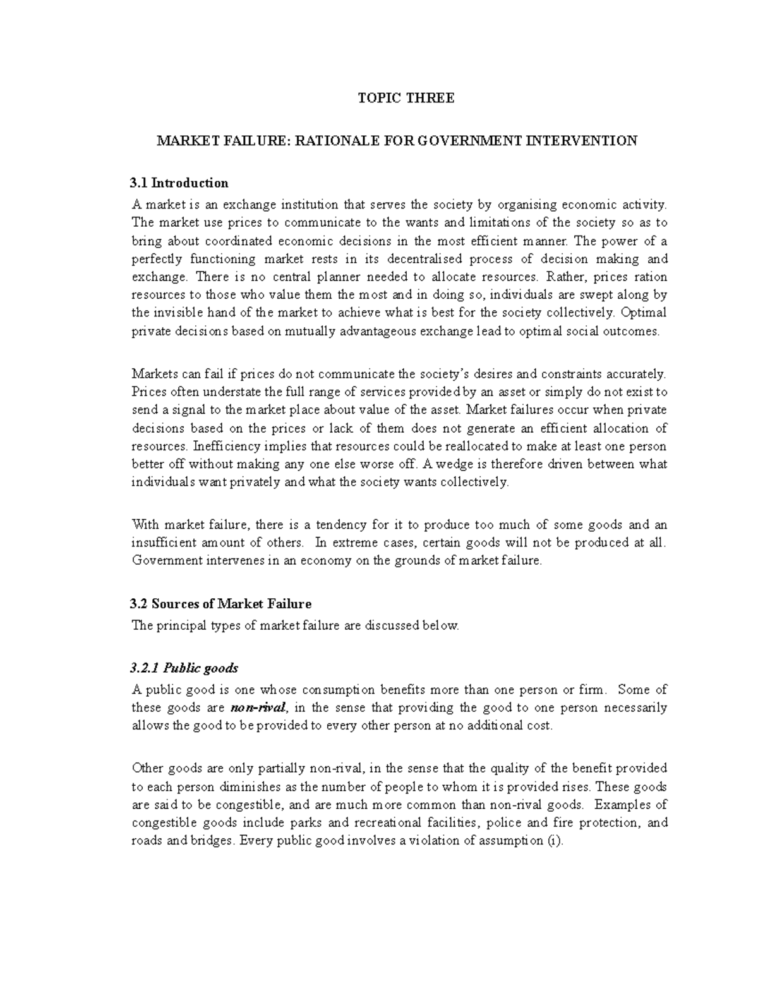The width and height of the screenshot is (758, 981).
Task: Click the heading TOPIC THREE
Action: point(406,99)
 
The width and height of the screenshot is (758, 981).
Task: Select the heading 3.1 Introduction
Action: point(179,183)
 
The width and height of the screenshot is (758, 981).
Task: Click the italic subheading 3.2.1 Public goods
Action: point(184,668)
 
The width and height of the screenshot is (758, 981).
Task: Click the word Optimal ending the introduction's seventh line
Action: point(644,313)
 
